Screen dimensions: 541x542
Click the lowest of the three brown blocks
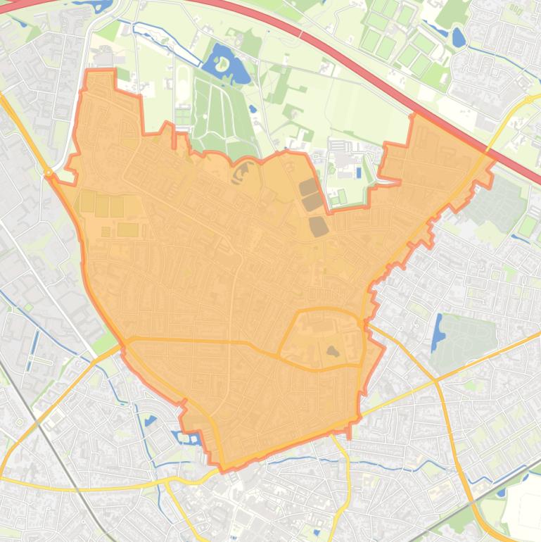pos(319,226)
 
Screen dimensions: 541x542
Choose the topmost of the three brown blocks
pos(307,187)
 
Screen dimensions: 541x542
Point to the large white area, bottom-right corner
pos(524,503)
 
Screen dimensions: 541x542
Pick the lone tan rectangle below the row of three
pos(127,229)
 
